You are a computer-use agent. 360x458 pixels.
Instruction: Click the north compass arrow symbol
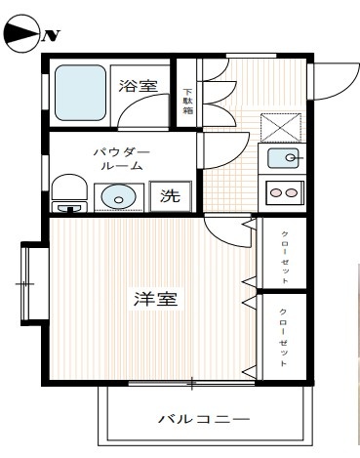21,35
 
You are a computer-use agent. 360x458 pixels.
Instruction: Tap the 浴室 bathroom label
138,87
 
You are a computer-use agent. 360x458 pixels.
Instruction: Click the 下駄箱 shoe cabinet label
188,102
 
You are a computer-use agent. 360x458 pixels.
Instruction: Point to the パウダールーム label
121,159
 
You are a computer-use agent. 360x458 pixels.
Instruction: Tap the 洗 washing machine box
170,195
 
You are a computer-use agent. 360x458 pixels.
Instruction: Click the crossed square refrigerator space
281,128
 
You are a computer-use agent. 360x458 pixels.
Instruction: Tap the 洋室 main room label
154,299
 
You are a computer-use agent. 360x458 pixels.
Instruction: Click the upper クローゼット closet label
284,253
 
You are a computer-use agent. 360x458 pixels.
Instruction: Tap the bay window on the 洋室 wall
28,284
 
